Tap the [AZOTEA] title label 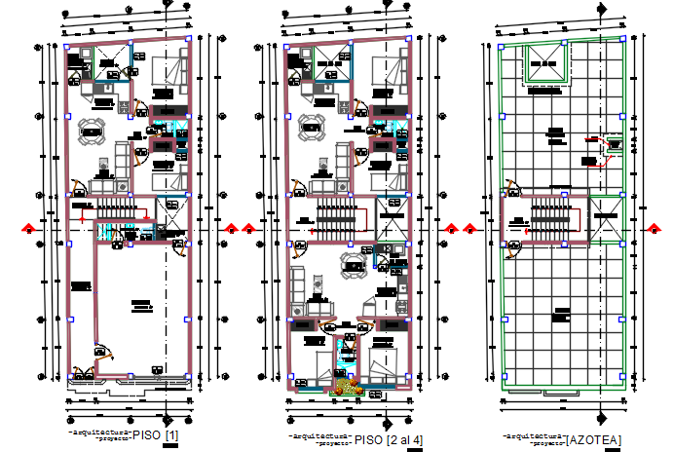tap(593, 440)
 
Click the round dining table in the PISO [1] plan tap(91, 130)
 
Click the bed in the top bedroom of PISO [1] tap(168, 71)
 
